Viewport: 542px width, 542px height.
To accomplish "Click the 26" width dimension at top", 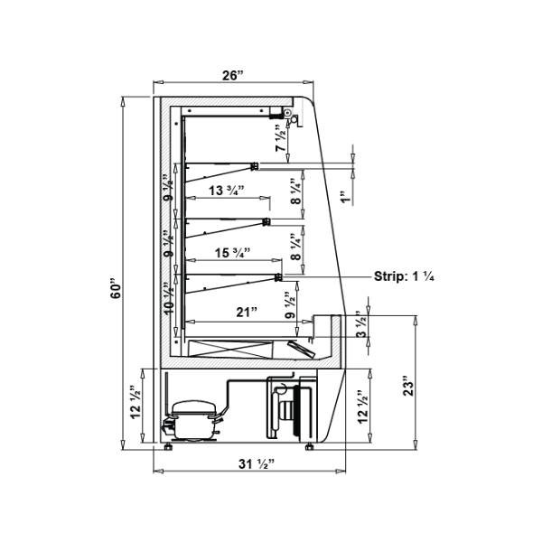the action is [x=233, y=75].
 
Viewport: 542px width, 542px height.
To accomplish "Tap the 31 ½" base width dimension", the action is [x=257, y=464].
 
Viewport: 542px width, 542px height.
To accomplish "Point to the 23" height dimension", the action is [x=408, y=388].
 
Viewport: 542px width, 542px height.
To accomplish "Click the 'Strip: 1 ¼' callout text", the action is [x=404, y=276].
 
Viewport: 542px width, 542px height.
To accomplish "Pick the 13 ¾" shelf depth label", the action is [x=227, y=190].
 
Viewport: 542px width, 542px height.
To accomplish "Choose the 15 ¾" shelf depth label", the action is [x=233, y=253].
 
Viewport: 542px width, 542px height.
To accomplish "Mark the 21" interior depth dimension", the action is [x=247, y=313].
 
